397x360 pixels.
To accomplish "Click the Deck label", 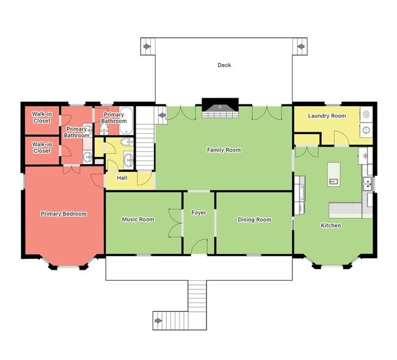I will coord(224,65).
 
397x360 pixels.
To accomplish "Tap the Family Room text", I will coord(224,149).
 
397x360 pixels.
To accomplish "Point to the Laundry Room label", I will coord(327,116).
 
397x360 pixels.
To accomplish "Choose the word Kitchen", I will coord(331,226).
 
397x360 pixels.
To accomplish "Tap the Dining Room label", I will coord(254,220).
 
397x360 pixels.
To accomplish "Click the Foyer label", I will coord(198,213).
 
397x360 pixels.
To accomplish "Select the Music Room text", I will coord(137,220).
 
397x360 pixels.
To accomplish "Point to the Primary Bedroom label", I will coord(64,214).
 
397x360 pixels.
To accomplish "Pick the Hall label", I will coord(122,178).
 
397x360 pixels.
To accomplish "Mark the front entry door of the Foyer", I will coord(200,247).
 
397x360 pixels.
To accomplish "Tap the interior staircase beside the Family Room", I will coord(145,140).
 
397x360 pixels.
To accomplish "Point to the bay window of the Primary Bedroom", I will coord(68,264).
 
